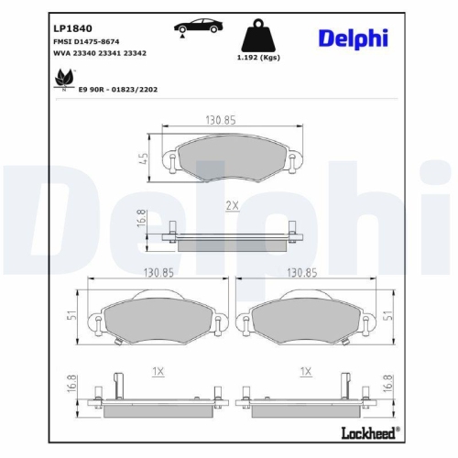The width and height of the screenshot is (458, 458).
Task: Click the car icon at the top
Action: point(193,27)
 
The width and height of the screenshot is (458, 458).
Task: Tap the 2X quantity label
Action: point(232,207)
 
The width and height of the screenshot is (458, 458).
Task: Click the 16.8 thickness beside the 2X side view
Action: point(143,222)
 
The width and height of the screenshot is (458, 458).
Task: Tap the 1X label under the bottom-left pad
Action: point(158,371)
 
